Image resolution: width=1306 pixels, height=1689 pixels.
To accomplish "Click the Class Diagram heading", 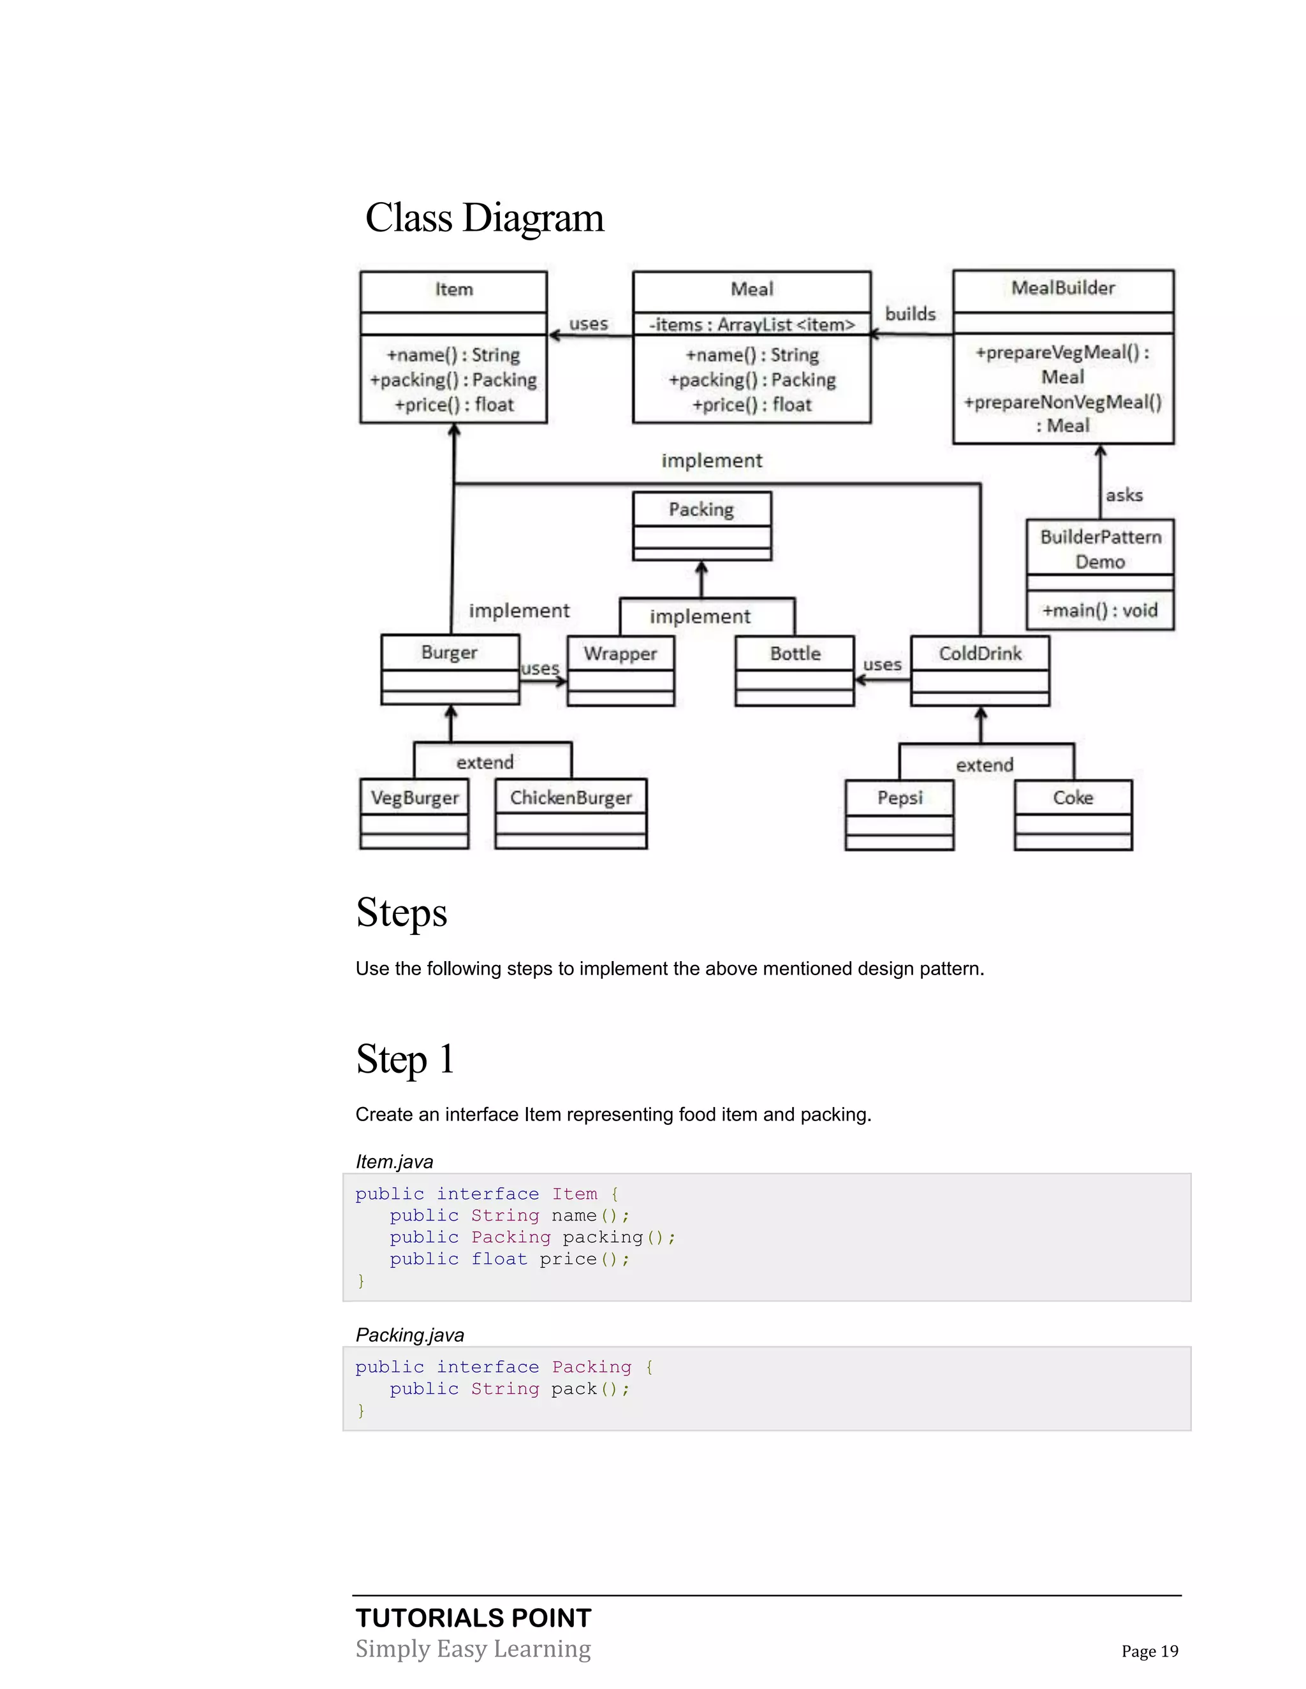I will [x=485, y=218].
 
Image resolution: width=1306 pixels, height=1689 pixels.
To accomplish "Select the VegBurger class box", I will [x=415, y=813].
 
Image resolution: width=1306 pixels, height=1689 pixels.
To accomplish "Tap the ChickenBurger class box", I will [x=571, y=813].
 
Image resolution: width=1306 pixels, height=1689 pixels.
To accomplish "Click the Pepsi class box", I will [x=900, y=815].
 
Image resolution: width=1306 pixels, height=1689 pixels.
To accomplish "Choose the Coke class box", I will [x=1073, y=815].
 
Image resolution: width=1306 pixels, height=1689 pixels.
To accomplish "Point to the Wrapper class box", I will [x=620, y=670].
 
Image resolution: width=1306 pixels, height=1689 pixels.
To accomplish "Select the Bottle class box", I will [x=795, y=670].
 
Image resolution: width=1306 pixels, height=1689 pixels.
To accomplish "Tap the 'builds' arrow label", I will [x=911, y=314].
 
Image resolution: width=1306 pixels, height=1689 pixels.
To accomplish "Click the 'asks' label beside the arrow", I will [x=1124, y=495].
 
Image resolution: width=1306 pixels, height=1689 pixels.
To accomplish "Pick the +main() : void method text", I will [x=1099, y=610].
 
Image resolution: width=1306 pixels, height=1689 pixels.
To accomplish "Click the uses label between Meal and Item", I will [x=589, y=324].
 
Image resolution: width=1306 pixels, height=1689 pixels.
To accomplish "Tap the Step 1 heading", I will [x=405, y=1059].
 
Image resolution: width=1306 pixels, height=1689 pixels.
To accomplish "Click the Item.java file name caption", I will [x=394, y=1161].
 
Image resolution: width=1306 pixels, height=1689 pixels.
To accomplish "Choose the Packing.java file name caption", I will [x=409, y=1335].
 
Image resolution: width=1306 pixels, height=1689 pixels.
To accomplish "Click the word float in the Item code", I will [x=499, y=1259].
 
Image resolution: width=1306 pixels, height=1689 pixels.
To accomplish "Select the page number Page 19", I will [x=1150, y=1651].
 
